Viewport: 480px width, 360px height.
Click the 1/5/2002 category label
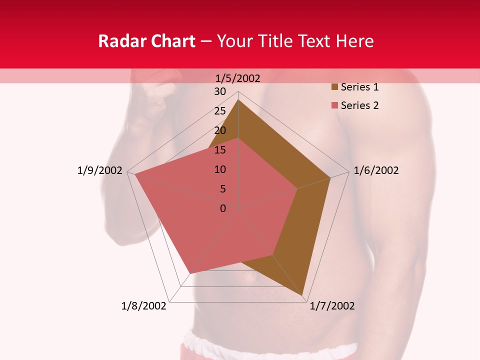238,78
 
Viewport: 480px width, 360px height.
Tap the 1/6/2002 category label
376,170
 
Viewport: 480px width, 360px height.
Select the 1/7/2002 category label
332,306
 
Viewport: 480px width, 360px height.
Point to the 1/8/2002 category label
143,306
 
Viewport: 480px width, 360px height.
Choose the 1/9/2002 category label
100,170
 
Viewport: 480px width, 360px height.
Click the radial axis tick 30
220,91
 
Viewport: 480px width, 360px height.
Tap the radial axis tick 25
220,111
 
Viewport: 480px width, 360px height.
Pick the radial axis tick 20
220,130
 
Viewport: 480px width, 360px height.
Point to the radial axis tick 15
220,150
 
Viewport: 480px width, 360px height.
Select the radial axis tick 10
220,169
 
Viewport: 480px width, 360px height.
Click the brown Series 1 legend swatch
334,87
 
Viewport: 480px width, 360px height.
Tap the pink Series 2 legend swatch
334,105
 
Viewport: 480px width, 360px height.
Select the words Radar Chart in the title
146,41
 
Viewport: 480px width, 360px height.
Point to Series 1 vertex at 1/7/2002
303,295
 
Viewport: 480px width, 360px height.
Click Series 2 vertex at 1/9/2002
135,175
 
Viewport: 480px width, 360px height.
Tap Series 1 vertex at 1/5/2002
238,99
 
